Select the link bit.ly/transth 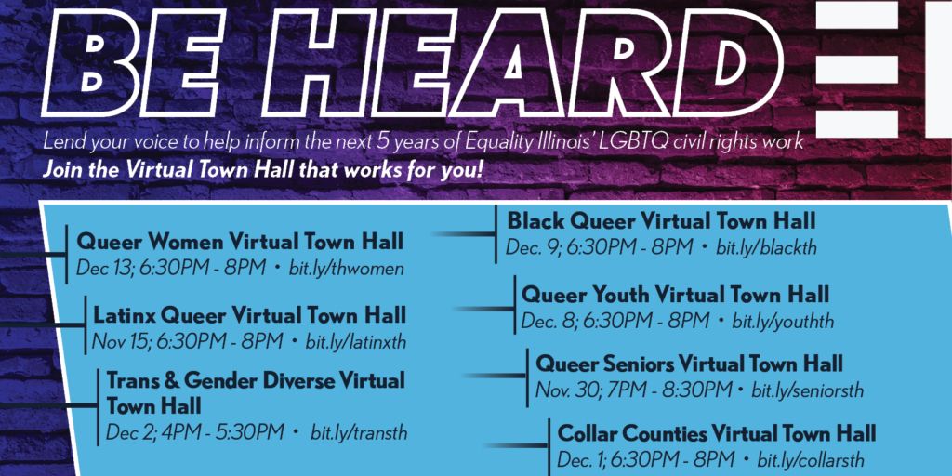click(x=359, y=432)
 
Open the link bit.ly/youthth click(x=783, y=322)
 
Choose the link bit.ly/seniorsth click(x=807, y=390)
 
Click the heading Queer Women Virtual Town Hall click(x=240, y=243)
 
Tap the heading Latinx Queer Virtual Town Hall click(x=249, y=314)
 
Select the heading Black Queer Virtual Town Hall click(x=661, y=221)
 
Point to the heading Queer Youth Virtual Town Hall click(x=675, y=296)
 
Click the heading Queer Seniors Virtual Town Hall click(x=689, y=363)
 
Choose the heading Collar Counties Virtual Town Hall click(x=717, y=433)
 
